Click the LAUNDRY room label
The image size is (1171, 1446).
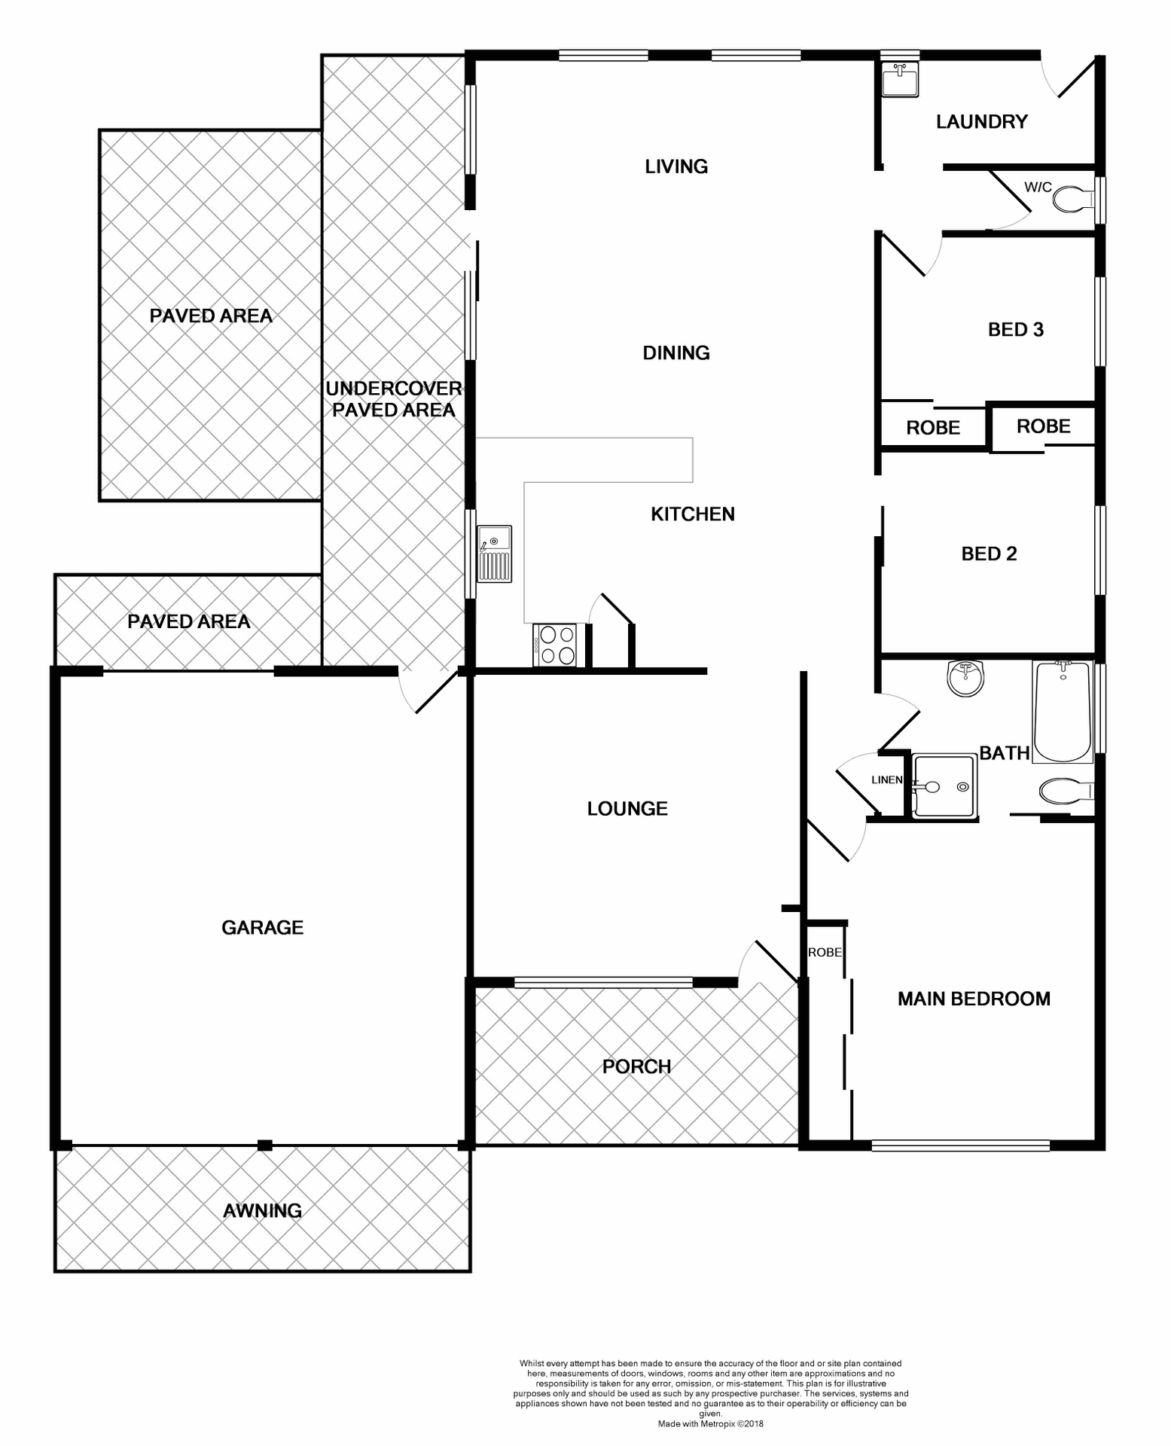click(x=981, y=122)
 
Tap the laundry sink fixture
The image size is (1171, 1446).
click(x=900, y=79)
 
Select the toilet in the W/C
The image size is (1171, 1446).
click(x=1073, y=200)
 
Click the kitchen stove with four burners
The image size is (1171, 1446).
click(x=555, y=645)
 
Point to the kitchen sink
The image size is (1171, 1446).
click(x=494, y=554)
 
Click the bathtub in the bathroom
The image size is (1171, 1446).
click(x=1063, y=712)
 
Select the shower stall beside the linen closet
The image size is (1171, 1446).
click(x=944, y=787)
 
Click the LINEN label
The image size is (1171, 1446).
click(x=886, y=779)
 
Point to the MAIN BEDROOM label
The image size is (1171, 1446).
click(x=974, y=999)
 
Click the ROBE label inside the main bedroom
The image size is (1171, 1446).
click(x=825, y=952)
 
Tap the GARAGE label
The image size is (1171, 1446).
click(x=262, y=927)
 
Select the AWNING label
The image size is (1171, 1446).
click(x=262, y=1210)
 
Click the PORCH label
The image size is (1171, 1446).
click(x=636, y=1066)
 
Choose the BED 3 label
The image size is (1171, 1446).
click(x=1015, y=329)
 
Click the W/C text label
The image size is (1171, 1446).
click(x=1038, y=187)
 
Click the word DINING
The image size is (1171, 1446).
click(x=675, y=352)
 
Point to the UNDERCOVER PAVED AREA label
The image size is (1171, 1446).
click(x=393, y=399)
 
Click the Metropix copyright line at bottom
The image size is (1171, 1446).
click(x=710, y=1423)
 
